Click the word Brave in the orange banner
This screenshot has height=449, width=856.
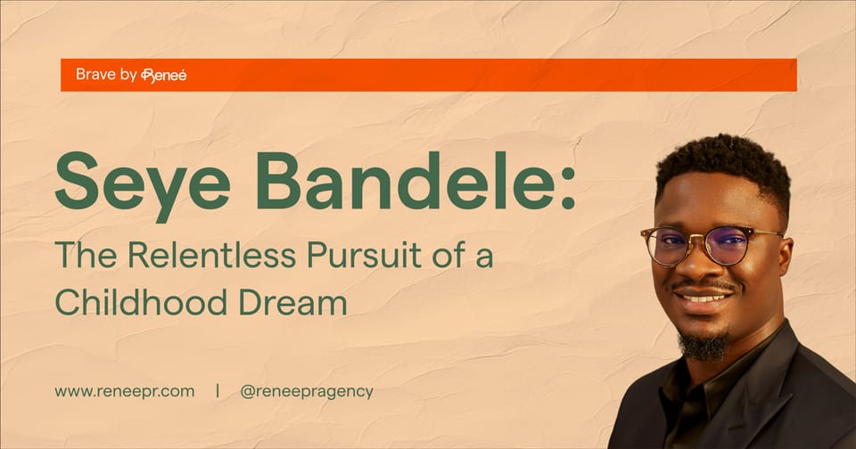tap(95, 75)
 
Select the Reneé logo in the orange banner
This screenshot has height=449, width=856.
tap(164, 76)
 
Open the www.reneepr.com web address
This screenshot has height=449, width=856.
tap(124, 390)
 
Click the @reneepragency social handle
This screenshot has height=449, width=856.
tap(307, 390)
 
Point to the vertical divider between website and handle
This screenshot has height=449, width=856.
tap(218, 390)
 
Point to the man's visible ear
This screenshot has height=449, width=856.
tap(786, 258)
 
